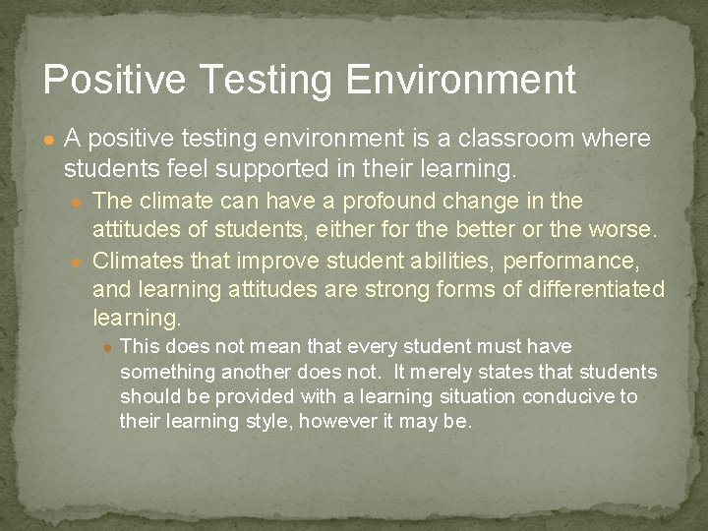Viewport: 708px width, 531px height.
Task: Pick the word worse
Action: pyautogui.click(x=628, y=231)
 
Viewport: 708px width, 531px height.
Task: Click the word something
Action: pyautogui.click(x=168, y=372)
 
